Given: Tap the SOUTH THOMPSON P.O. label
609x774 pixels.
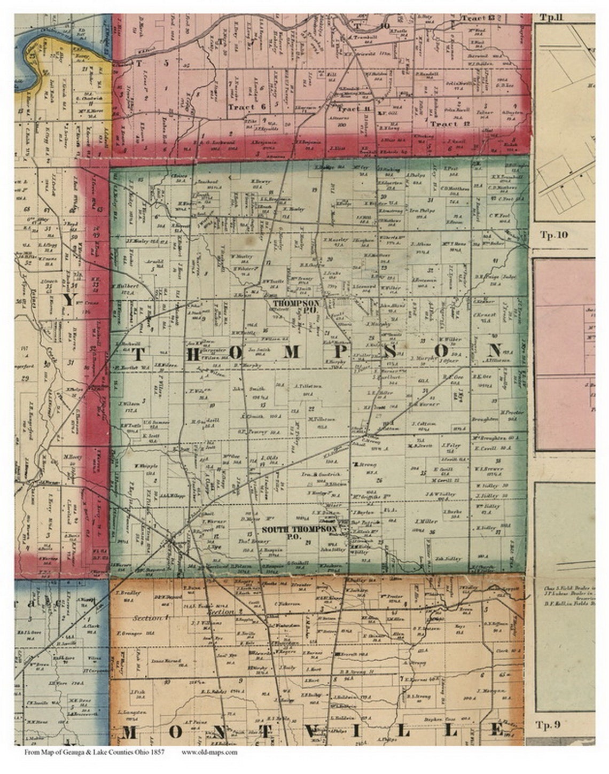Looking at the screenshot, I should click(x=299, y=531).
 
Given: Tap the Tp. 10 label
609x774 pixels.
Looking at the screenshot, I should click(x=553, y=235).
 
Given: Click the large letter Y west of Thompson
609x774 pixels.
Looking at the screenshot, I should click(x=69, y=300).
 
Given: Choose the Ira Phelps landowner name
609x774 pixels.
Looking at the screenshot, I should click(x=423, y=210).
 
